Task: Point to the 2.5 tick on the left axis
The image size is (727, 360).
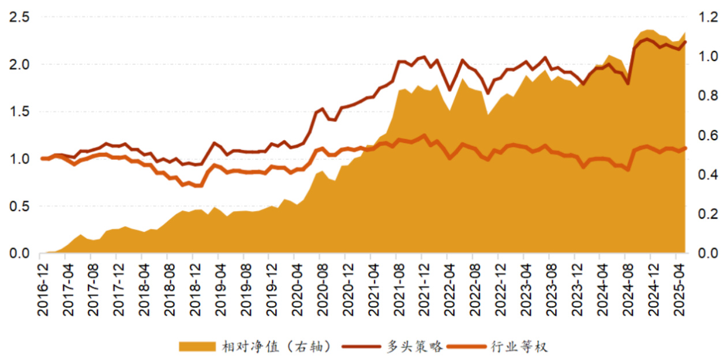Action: click(19, 17)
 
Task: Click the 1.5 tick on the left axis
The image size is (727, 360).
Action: click(19, 112)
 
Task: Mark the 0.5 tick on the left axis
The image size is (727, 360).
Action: click(19, 207)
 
